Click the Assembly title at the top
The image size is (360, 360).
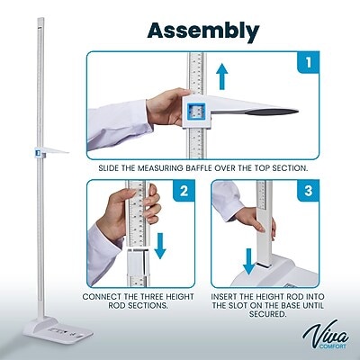tap(203, 31)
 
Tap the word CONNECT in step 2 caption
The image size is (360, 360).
tap(104, 295)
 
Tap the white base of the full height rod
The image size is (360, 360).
tap(47, 331)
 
